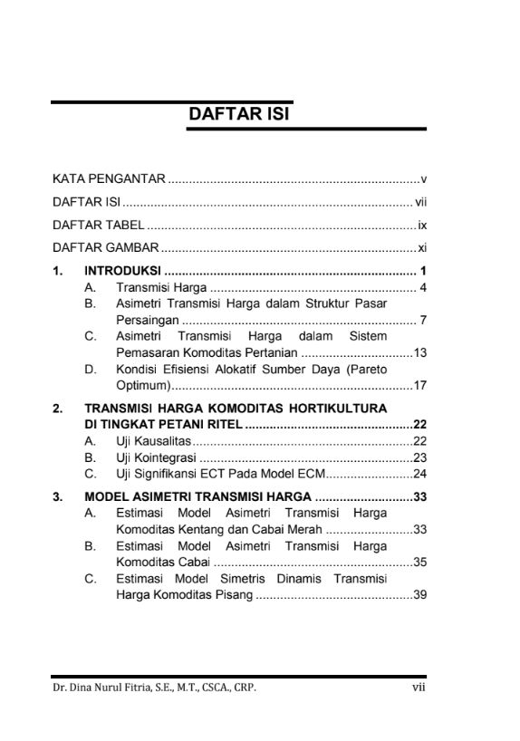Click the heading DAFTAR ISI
[237, 115]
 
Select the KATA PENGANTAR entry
[108, 178]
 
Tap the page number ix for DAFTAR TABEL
[421, 225]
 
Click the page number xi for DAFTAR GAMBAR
[421, 248]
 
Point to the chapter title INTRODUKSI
[122, 271]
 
